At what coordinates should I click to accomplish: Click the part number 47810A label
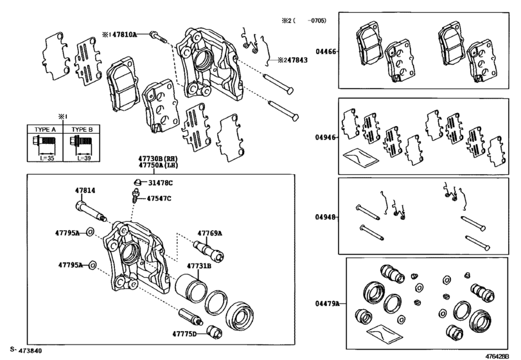pos(124,33)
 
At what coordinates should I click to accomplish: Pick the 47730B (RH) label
pos(157,157)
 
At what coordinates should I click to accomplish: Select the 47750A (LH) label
pos(157,165)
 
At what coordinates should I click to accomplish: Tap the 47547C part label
pos(159,199)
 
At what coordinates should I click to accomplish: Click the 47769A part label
pos(209,233)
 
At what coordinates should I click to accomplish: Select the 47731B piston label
pos(200,265)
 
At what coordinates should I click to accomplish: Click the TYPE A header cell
pos(42,129)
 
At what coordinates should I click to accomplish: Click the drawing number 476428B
pos(500,354)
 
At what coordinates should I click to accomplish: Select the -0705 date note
pos(315,21)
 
